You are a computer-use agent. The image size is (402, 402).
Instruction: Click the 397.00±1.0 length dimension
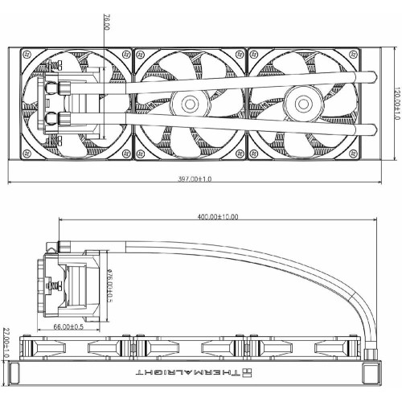[195, 178]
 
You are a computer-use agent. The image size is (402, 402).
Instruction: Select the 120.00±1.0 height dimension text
[398, 104]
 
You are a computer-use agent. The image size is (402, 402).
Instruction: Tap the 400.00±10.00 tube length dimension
[218, 216]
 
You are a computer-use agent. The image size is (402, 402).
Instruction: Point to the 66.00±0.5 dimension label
[68, 326]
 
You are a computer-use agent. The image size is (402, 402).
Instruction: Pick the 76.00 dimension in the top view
[106, 23]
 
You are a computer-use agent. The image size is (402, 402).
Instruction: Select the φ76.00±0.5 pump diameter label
[109, 285]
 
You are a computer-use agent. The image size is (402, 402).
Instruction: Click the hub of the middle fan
[190, 105]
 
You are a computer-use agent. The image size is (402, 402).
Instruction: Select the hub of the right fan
[303, 104]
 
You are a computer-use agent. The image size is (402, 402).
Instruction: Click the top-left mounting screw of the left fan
[27, 55]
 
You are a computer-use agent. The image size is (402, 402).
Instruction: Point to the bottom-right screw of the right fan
[354, 154]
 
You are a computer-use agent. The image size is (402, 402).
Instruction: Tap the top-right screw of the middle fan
[240, 55]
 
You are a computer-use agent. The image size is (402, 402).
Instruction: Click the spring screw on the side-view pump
[55, 285]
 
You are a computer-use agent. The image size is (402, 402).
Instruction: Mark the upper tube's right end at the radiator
[373, 77]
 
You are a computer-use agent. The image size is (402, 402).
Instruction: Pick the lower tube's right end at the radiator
[373, 130]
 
